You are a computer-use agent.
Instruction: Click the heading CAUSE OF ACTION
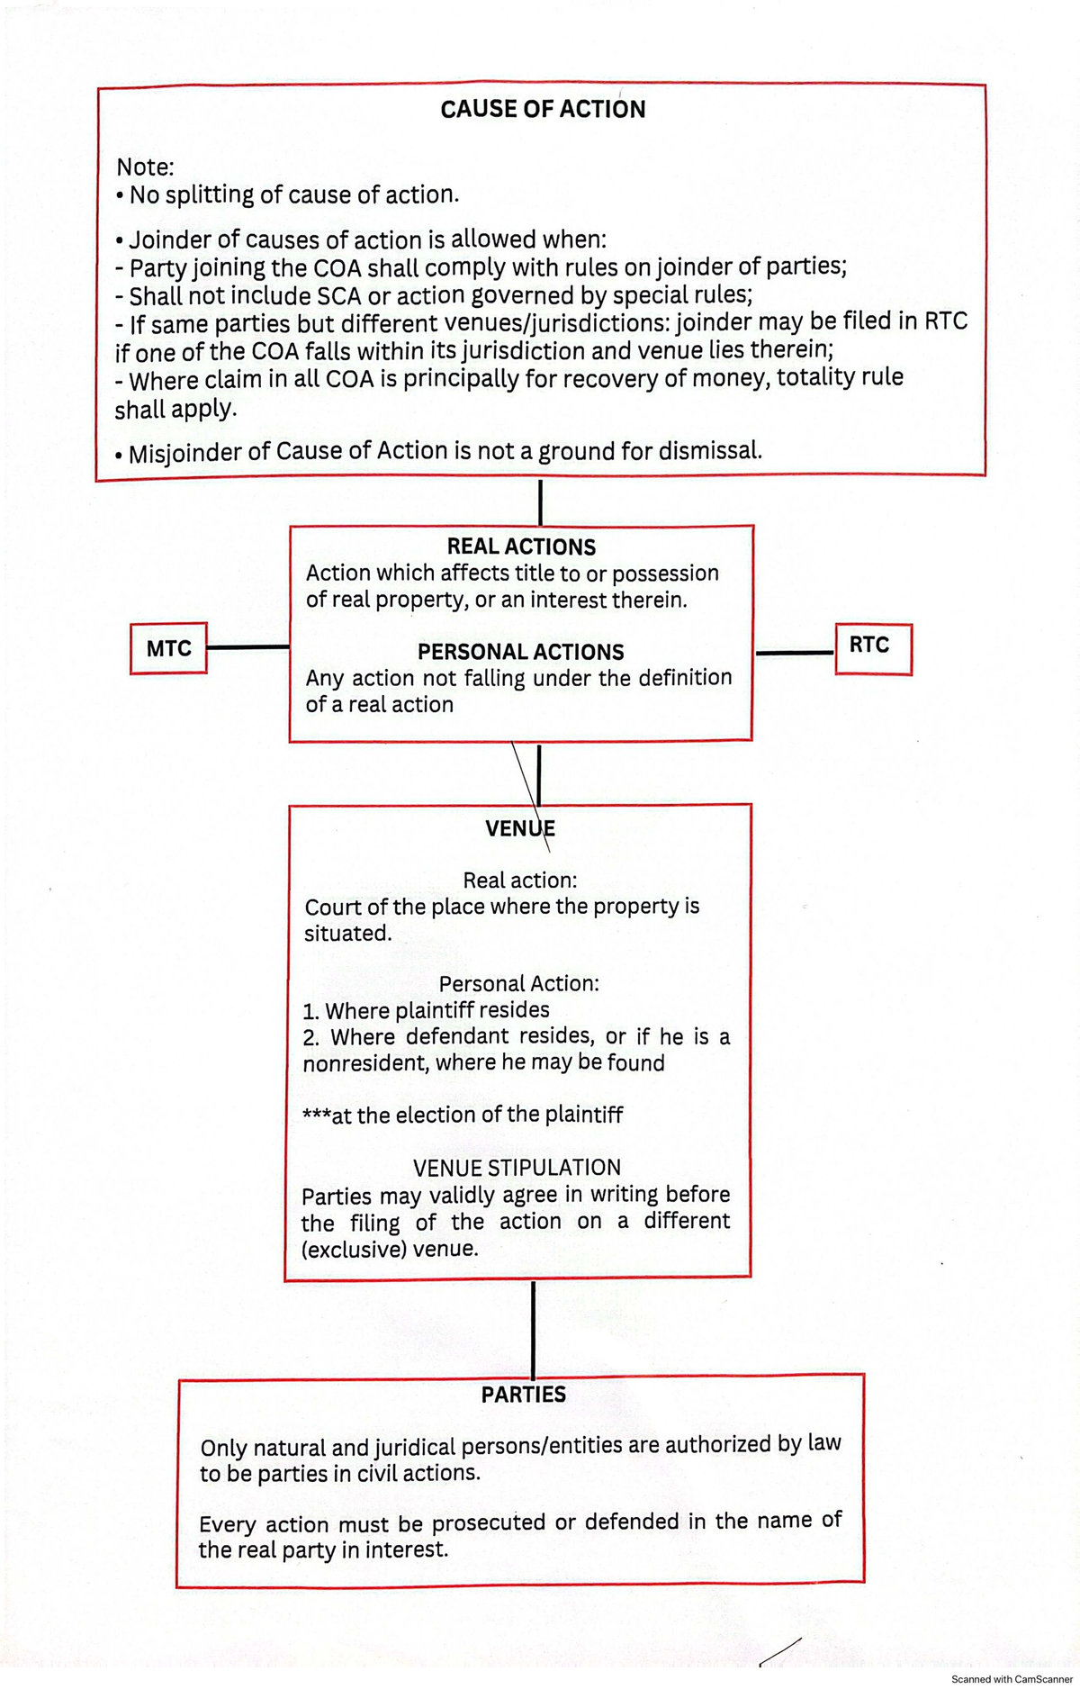pos(543,109)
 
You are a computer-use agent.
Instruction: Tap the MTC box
pos(168,648)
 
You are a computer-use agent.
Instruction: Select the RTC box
pos(869,646)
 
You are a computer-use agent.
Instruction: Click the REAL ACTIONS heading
pos(521,546)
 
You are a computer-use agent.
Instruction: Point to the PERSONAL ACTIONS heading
pos(520,652)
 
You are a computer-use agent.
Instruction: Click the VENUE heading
pos(519,828)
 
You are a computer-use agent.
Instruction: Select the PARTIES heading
pos(523,1395)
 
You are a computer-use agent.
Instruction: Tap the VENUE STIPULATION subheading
pos(517,1168)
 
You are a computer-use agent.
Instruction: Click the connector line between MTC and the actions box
pos(247,646)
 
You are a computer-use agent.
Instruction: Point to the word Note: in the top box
pos(145,167)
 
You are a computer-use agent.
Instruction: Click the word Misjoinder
pos(184,453)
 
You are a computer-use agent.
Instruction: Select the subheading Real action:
pos(520,880)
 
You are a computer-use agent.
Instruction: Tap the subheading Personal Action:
pos(518,984)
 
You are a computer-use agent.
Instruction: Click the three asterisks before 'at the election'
pos(316,1115)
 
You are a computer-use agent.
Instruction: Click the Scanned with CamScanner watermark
pos(1012,1679)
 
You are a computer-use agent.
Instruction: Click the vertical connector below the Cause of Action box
pos(540,502)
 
